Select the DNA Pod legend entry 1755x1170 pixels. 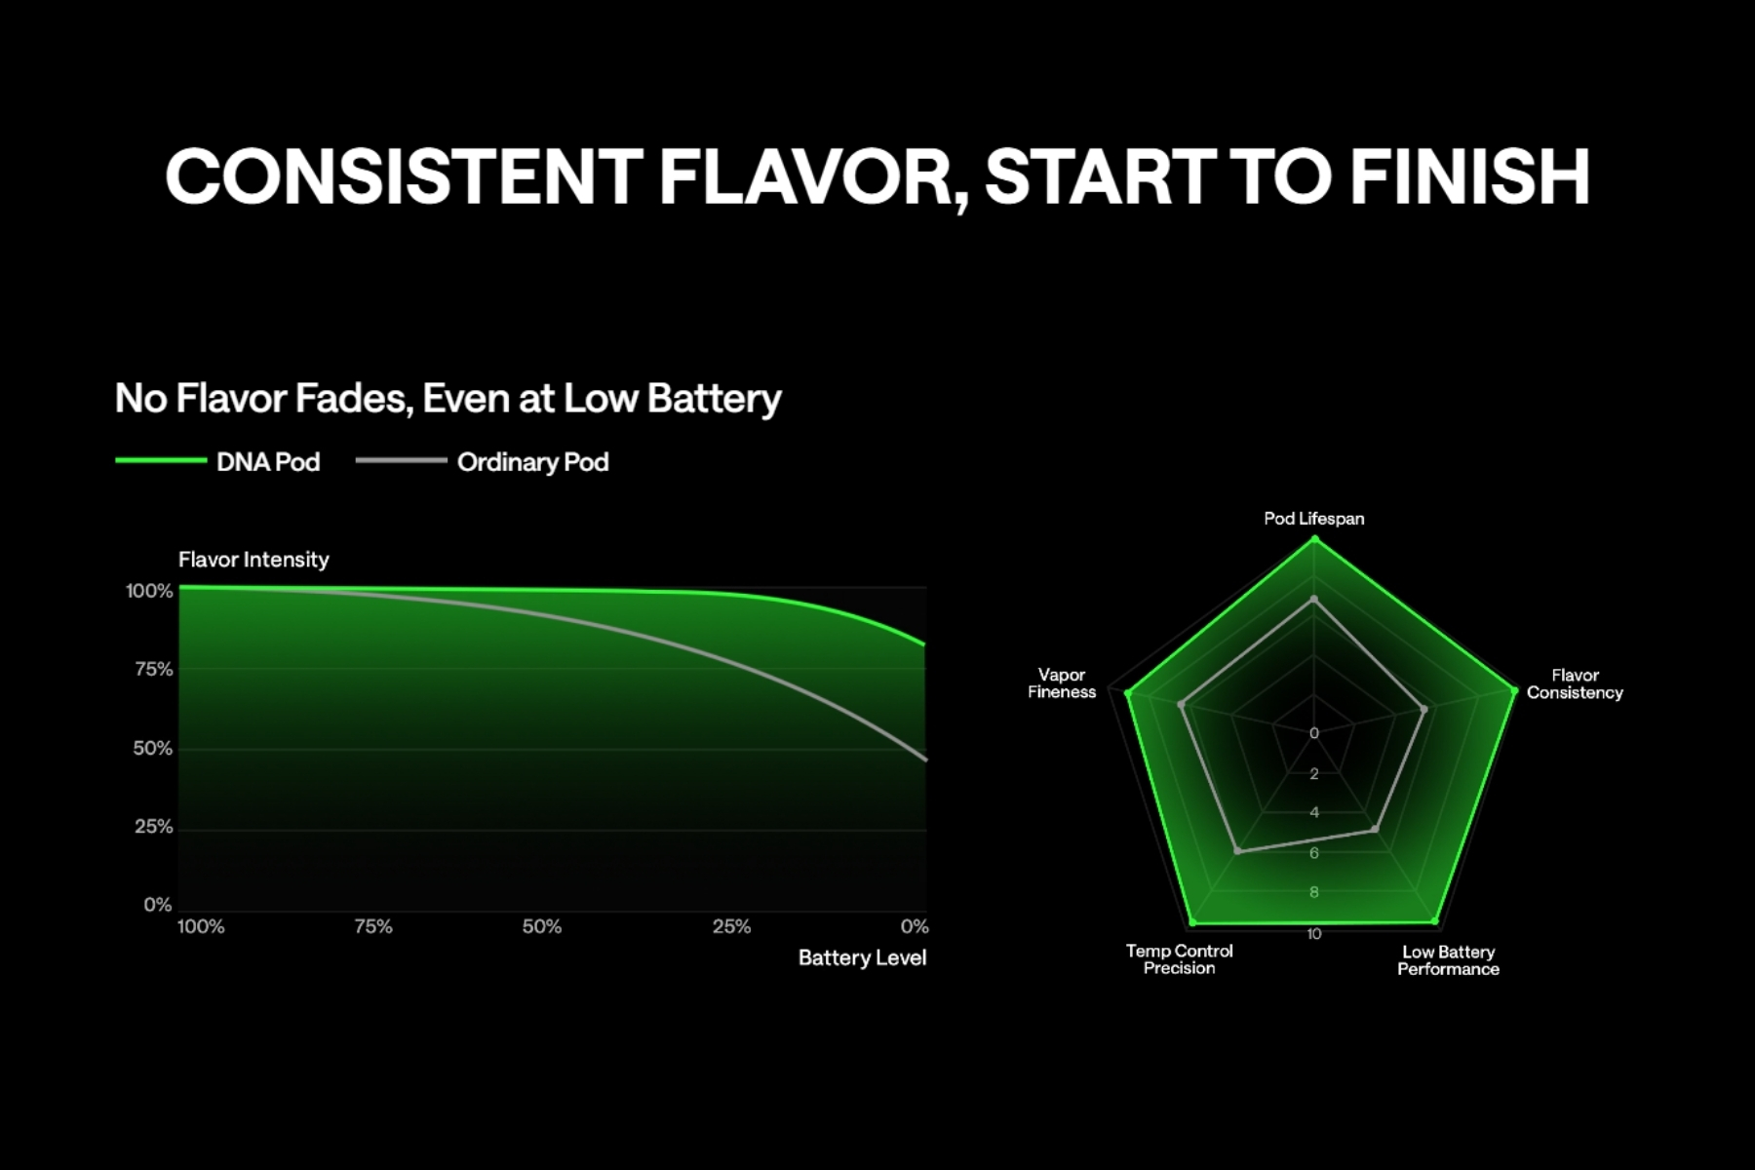(x=217, y=461)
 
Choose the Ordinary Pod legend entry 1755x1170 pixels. (x=483, y=461)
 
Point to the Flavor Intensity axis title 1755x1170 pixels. (x=253, y=560)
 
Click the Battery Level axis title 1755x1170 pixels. (x=862, y=957)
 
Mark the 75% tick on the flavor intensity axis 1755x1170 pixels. (x=154, y=669)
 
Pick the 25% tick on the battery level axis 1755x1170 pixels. (x=731, y=926)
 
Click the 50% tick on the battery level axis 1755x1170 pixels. (x=542, y=926)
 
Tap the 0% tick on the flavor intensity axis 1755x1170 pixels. (x=158, y=905)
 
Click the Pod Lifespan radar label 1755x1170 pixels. (x=1314, y=519)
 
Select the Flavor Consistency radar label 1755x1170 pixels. (x=1575, y=683)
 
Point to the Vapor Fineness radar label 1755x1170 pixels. (x=1062, y=683)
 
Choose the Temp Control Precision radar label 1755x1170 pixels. (x=1180, y=959)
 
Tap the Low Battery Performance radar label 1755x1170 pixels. (x=1449, y=960)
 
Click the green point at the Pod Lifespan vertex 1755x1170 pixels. (x=1314, y=538)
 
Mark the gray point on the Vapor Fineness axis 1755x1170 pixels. (x=1182, y=703)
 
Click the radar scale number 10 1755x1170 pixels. (x=1314, y=934)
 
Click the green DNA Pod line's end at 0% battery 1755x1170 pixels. (x=924, y=644)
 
